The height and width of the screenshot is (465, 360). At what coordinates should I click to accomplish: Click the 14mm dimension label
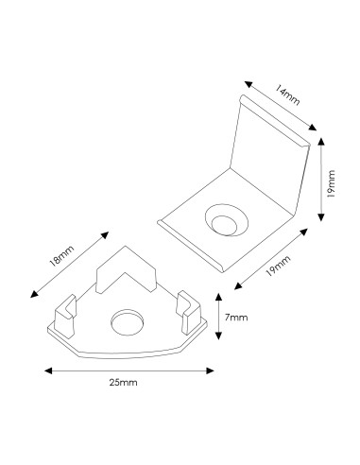286,95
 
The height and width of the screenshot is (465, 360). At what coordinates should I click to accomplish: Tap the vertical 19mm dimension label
331,183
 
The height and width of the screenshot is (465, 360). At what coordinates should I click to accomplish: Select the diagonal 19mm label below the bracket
278,267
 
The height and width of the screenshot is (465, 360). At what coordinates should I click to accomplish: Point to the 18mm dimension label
61,256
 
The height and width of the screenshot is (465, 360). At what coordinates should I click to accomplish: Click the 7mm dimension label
236,318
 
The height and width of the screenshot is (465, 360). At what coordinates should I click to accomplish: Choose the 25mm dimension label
124,383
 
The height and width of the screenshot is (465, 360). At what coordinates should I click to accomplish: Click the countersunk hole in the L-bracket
227,220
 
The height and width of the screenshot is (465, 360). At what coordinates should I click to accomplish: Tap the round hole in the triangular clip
128,322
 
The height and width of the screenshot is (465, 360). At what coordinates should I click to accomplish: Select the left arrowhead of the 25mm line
48,370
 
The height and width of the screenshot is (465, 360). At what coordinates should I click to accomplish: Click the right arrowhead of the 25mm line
210,370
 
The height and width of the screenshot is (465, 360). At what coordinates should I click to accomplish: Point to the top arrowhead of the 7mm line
218,297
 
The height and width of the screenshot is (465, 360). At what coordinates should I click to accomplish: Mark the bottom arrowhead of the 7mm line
218,336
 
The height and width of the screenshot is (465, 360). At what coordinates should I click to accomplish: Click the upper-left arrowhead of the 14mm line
249,84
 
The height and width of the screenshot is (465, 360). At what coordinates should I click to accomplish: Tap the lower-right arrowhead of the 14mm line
313,127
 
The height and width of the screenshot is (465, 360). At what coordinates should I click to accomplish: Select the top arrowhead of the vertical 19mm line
321,142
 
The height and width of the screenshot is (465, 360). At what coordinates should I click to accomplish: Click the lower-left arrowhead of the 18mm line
34,294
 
